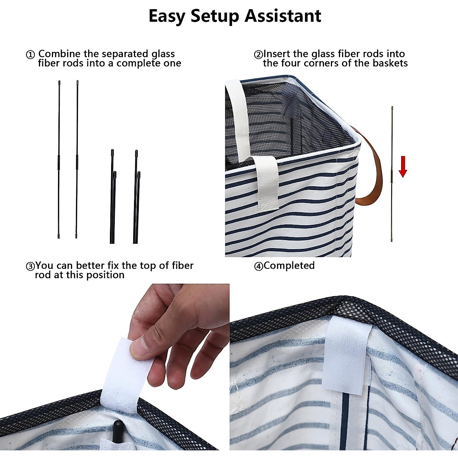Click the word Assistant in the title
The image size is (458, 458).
(282, 16)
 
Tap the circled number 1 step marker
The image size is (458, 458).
(30, 55)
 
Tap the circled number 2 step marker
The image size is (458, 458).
(258, 55)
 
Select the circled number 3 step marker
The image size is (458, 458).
(30, 266)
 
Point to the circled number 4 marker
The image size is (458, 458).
(258, 266)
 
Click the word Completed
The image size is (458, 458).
(289, 266)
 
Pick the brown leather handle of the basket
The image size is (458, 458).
(372, 172)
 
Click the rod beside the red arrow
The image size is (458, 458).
(392, 174)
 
